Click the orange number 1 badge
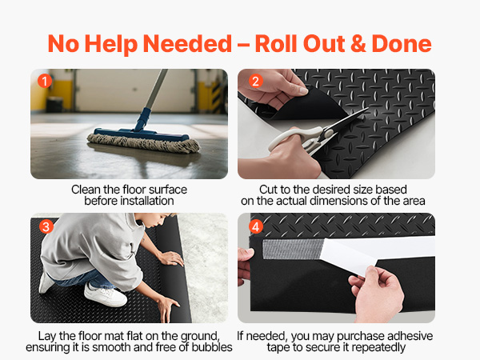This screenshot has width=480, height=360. pos(45,81)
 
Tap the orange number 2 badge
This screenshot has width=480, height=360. pos(256,81)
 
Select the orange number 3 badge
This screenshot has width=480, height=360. pos(46,227)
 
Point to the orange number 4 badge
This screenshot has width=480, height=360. pos(256,227)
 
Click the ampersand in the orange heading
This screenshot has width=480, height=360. pos(358,44)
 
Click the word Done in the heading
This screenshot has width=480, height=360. pos(402,44)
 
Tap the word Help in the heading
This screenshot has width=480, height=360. pos(111,44)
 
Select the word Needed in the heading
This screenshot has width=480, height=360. pos(187,44)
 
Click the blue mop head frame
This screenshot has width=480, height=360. pos(142,134)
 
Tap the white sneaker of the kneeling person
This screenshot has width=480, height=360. pos(105,294)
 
